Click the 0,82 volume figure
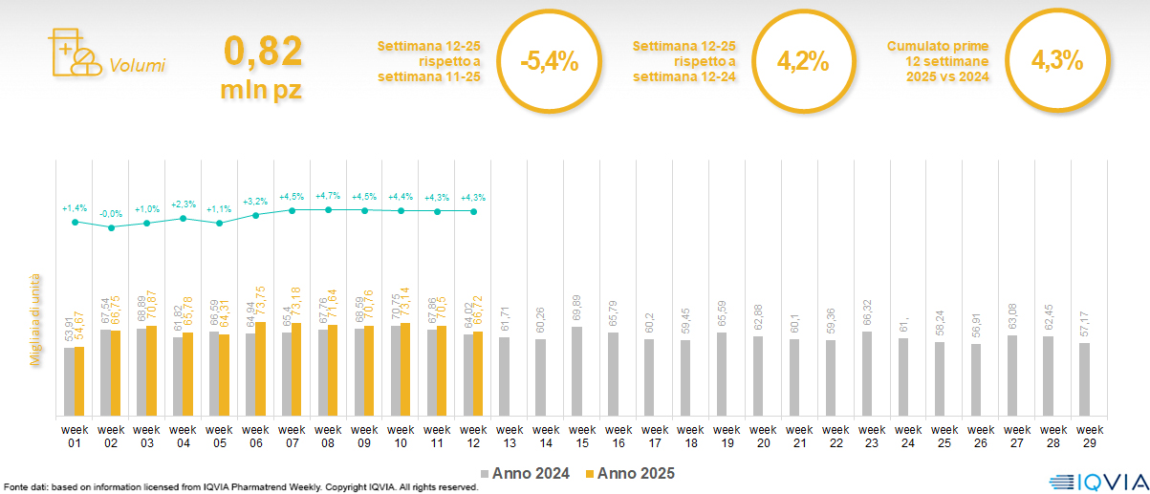coord(263,52)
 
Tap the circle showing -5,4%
coord(550,63)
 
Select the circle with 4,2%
coord(802,62)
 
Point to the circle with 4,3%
coord(1056,61)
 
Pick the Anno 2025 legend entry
coord(631,473)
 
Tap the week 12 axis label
coord(473,436)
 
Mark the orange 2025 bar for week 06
coord(260,369)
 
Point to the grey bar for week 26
coord(975,379)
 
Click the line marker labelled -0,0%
coord(111,227)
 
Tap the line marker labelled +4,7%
coord(328,209)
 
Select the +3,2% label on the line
coord(256,202)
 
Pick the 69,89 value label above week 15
coord(576,309)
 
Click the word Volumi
coord(138,66)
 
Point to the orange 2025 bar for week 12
coord(478,374)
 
